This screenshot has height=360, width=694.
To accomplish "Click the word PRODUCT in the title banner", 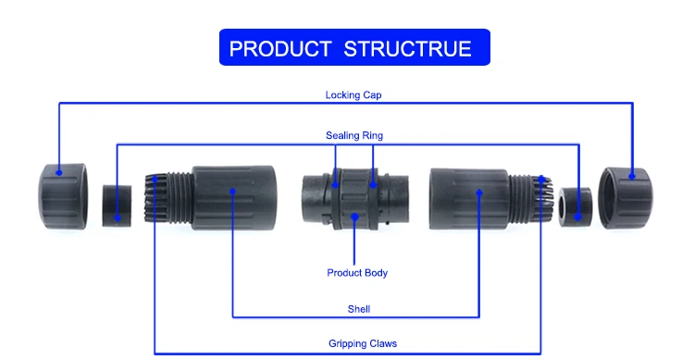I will pos(280,48).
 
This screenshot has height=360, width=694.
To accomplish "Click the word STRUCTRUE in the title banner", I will pos(407,48).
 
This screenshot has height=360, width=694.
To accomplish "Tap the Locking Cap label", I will pos(353,94).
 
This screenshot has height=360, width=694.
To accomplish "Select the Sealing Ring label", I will pos(353,135).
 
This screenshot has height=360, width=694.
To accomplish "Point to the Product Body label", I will pos(357,273).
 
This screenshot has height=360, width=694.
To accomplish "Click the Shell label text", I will pos(357,309).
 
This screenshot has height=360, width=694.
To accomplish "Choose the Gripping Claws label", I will pos(362,343).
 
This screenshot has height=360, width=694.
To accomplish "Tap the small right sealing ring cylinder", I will pos(576,205).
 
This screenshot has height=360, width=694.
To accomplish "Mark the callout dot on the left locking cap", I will pos(58,171).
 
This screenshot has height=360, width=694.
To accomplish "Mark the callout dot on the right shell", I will pos(480,192).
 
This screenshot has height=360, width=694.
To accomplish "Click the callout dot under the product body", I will pos(356,217).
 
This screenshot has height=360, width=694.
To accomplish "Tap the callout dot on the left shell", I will pos(232,192).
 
